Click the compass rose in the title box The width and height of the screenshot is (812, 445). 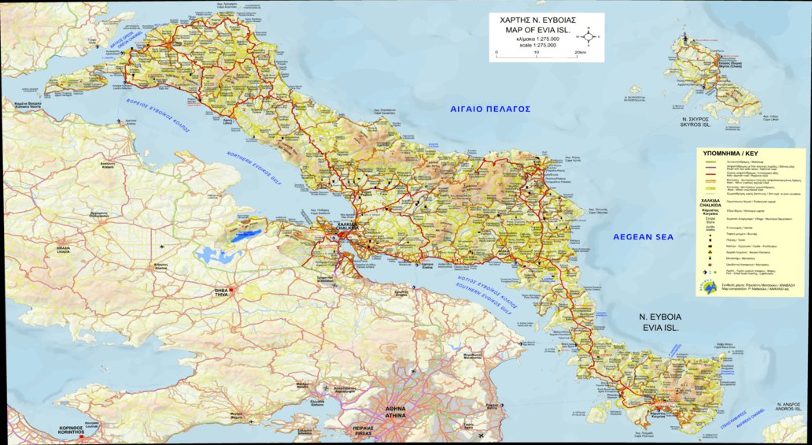click(x=587, y=35)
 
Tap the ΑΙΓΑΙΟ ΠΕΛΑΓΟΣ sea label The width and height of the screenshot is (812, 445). click(x=485, y=109)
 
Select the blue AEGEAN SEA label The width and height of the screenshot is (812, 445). click(x=644, y=236)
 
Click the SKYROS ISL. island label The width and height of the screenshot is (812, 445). click(x=696, y=125)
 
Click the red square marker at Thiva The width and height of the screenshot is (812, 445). click(x=231, y=290)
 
